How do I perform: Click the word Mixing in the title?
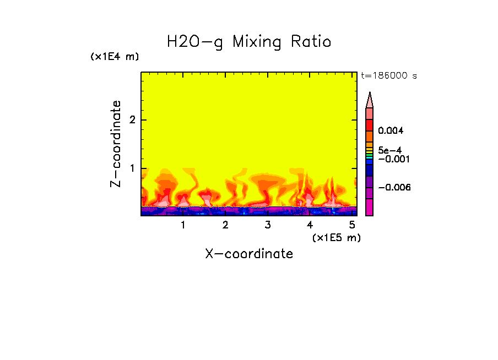[x=257, y=42]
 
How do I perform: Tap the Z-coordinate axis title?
[x=116, y=144]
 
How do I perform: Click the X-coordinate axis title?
[x=249, y=254]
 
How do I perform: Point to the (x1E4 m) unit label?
[x=115, y=57]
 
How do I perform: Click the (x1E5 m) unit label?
[x=336, y=238]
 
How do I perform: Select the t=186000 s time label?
[x=388, y=75]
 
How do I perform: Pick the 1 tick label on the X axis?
[x=183, y=225]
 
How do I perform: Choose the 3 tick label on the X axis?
[x=267, y=225]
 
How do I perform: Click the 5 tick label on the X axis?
[x=351, y=225]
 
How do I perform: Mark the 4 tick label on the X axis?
[x=310, y=225]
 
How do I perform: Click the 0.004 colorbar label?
[x=391, y=131]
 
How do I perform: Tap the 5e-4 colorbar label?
[x=389, y=150]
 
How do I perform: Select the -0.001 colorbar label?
[x=392, y=159]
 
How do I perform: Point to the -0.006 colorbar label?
[x=394, y=188]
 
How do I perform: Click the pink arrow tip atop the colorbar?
[x=369, y=100]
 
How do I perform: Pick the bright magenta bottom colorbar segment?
[x=369, y=208]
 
